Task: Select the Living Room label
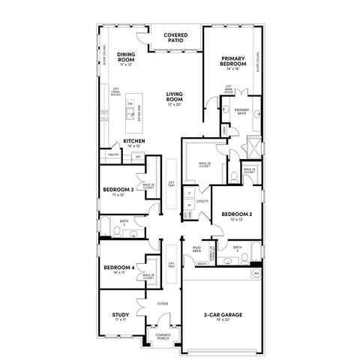coord(175,95)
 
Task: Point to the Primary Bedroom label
coord(234,61)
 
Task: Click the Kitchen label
coord(124,141)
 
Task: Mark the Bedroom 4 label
coord(119,268)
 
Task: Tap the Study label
coord(120,315)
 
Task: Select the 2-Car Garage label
coord(223,315)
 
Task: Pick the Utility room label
coord(202,202)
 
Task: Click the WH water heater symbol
coord(256,274)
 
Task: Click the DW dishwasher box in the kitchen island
coord(130,103)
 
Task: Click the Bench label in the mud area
coord(201,264)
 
